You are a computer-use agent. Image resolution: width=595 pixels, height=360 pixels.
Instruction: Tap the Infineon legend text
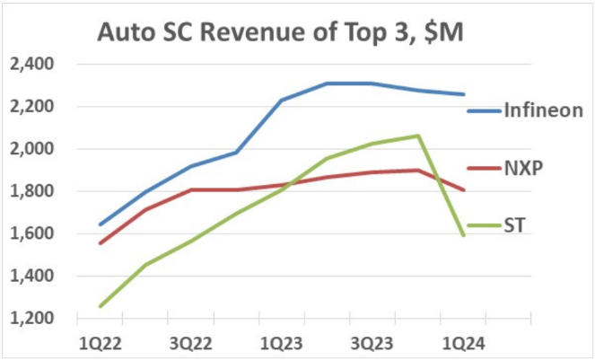click(x=544, y=111)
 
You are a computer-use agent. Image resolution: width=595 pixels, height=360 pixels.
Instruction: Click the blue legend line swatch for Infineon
click(x=484, y=110)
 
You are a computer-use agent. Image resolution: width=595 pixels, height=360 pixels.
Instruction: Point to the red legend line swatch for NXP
click(x=484, y=170)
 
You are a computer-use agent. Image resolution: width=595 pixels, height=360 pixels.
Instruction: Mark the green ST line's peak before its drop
click(x=418, y=136)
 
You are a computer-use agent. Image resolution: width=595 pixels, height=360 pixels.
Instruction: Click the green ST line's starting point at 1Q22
click(x=100, y=306)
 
